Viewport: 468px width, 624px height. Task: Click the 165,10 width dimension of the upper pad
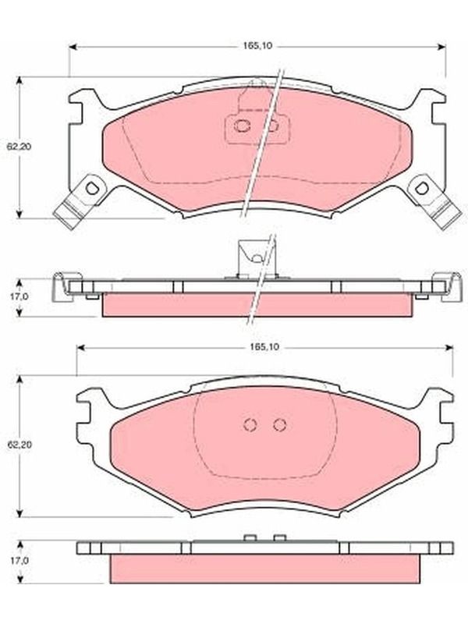coord(257,46)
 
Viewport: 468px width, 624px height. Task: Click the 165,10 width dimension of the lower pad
coord(265,347)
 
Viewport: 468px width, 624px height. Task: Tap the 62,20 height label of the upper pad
coord(19,146)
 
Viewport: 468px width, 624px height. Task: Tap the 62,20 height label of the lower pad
coord(19,444)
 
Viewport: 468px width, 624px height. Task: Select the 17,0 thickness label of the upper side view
coord(19,296)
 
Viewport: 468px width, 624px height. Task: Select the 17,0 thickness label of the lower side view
coord(19,561)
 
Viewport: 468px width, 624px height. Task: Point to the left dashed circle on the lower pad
coord(250,424)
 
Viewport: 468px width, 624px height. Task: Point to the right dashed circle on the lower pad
coord(280,424)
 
